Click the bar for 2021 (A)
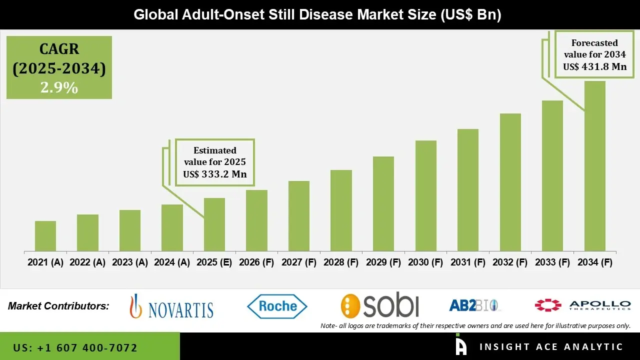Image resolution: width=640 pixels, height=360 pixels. tap(45, 236)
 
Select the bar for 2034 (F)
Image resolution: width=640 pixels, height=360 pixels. tap(594, 166)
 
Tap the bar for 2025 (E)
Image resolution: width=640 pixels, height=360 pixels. tap(214, 224)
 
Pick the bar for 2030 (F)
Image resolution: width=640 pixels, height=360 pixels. tap(425, 195)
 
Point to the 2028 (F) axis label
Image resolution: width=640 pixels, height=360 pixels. tap(341, 262)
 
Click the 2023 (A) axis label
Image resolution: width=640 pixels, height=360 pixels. tap(130, 262)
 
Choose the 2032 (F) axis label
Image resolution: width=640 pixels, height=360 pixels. tap(510, 262)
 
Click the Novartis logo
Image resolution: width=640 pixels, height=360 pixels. tap(171, 306)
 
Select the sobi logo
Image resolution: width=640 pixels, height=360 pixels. tap(380, 305)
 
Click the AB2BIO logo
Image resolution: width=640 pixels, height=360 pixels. tap(474, 305)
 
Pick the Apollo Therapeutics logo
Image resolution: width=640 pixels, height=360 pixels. tap(582, 305)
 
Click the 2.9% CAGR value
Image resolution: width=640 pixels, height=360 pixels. tap(59, 88)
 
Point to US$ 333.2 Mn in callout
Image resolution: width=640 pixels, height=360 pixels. tap(215, 174)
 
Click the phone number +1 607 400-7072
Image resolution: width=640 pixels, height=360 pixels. tap(75, 347)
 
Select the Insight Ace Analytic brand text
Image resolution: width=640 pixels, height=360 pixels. tap(551, 347)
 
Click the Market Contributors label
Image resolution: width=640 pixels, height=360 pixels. tap(58, 306)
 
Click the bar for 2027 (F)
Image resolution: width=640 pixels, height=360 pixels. tap(299, 216)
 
